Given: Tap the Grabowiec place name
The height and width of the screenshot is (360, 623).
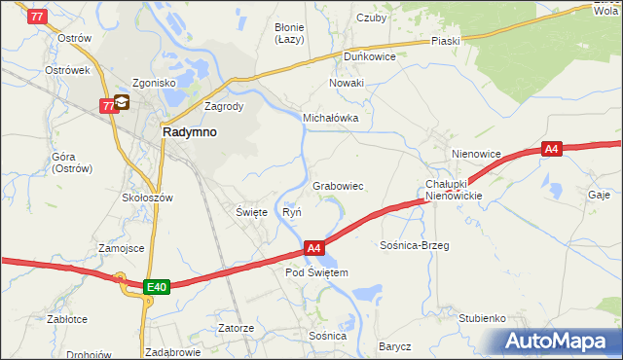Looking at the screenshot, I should (338, 186).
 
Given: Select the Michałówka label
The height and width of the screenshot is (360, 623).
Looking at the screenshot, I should (331, 118).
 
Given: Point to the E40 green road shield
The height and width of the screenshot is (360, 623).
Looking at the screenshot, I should (158, 287).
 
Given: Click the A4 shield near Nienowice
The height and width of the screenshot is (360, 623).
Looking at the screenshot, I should (552, 149).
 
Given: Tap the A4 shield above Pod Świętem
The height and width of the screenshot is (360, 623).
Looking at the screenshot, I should (313, 249).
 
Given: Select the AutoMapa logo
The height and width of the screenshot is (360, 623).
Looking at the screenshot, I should (558, 342).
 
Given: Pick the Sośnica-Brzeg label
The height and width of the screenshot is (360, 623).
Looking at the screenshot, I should (414, 245).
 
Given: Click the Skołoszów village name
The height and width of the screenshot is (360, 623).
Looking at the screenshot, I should (147, 197).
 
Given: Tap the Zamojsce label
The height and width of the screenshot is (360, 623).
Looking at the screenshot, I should (121, 248).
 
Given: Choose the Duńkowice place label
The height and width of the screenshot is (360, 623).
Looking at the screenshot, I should (368, 56).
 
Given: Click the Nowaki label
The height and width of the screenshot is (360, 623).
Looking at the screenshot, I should (346, 83).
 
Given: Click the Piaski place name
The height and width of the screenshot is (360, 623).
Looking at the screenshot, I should (446, 41).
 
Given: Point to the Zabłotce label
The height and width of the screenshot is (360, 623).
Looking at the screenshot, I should (67, 318).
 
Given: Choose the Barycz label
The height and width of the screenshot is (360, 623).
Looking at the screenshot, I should (395, 346).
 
